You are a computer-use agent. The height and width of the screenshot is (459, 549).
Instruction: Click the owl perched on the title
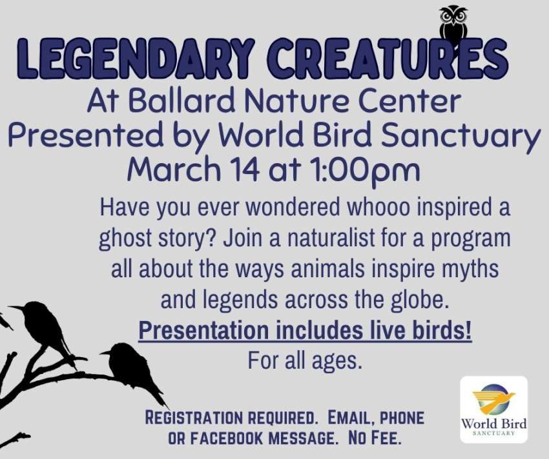pyautogui.click(x=453, y=26)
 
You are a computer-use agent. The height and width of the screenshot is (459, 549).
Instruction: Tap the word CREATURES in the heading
pyautogui.click(x=388, y=57)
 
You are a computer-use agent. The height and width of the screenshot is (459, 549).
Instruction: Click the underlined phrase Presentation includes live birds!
pyautogui.click(x=305, y=331)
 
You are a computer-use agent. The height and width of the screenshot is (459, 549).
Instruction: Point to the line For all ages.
pyautogui.click(x=305, y=361)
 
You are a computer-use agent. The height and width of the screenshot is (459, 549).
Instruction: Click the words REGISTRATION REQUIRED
pyautogui.click(x=230, y=418)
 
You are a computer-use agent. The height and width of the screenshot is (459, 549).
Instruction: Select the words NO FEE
pyautogui.click(x=374, y=438)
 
